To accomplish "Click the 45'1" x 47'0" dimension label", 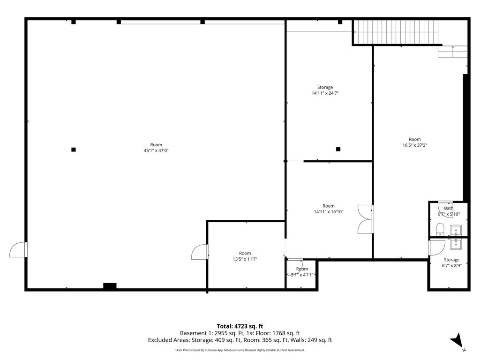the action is click(x=156, y=150).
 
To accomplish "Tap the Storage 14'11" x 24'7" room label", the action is click(x=325, y=90).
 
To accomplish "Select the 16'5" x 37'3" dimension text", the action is click(x=414, y=145).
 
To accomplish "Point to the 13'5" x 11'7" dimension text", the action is click(x=245, y=259).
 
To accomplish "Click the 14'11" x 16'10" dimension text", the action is click(x=329, y=211).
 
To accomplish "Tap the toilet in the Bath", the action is click(x=440, y=229).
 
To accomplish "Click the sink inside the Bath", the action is click(x=456, y=230).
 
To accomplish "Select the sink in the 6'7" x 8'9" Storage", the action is click(x=456, y=244).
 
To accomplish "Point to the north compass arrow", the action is click(x=457, y=340).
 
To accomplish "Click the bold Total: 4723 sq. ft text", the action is click(x=240, y=326).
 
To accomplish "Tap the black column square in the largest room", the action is click(x=74, y=150).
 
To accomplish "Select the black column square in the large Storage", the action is click(x=338, y=150).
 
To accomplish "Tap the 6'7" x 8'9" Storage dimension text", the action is click(x=451, y=266).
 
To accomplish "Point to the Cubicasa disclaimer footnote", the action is click(x=240, y=350).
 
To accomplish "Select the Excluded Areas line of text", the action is click(x=240, y=340).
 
